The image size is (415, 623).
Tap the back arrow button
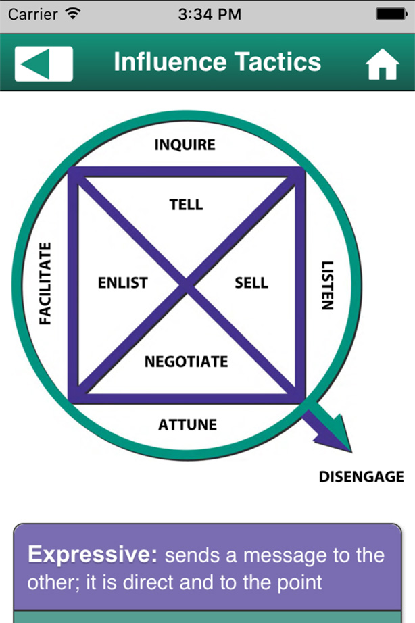[x=43, y=63]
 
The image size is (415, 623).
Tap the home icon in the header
[x=383, y=65]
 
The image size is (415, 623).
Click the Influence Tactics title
[x=217, y=62]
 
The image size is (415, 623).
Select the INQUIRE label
[x=185, y=145]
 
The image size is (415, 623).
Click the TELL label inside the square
[x=186, y=205]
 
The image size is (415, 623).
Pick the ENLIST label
[x=122, y=283]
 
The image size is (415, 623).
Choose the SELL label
[x=251, y=283]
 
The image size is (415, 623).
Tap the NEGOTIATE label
[x=187, y=362]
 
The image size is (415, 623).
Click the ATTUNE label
[x=187, y=425]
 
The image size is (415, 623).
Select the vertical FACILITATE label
[x=45, y=283]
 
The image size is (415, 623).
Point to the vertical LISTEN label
[x=326, y=285]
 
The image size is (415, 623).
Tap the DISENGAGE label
[x=361, y=477]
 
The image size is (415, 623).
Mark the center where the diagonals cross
[x=187, y=286]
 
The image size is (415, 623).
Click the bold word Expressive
[x=92, y=555]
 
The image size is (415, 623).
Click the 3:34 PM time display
[x=209, y=14]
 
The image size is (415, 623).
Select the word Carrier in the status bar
[x=32, y=14]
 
